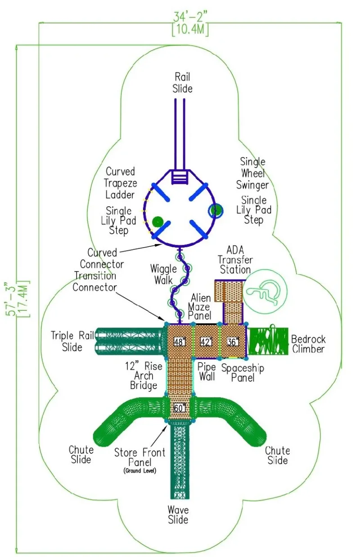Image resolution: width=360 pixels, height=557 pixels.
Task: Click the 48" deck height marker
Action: tap(180, 342)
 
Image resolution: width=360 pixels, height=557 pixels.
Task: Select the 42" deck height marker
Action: tap(206, 342)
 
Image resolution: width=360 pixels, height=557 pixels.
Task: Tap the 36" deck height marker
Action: tap(233, 342)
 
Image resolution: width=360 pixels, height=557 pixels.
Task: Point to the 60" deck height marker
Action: tap(180, 408)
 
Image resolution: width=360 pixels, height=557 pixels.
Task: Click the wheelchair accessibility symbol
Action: tap(265, 292)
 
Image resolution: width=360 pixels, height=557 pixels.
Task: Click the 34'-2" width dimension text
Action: tap(190, 17)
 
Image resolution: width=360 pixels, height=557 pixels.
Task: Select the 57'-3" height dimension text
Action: tap(11, 299)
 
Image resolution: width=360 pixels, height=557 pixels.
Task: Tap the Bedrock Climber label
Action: tap(308, 344)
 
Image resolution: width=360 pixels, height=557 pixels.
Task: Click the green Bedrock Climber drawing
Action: tap(269, 341)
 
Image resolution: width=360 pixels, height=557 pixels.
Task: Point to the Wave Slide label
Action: tap(178, 515)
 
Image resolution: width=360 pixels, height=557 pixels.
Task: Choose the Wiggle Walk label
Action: tap(163, 275)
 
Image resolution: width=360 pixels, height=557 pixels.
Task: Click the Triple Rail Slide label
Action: tap(72, 341)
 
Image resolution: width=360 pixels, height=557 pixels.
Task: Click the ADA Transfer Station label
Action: tap(235, 260)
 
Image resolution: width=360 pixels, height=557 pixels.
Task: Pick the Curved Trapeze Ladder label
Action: tap(121, 183)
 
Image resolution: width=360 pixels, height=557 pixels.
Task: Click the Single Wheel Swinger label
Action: tap(252, 173)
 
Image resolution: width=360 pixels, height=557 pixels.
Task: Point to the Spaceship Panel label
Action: tap(243, 373)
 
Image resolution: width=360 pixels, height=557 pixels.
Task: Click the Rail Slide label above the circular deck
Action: tap(182, 83)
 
